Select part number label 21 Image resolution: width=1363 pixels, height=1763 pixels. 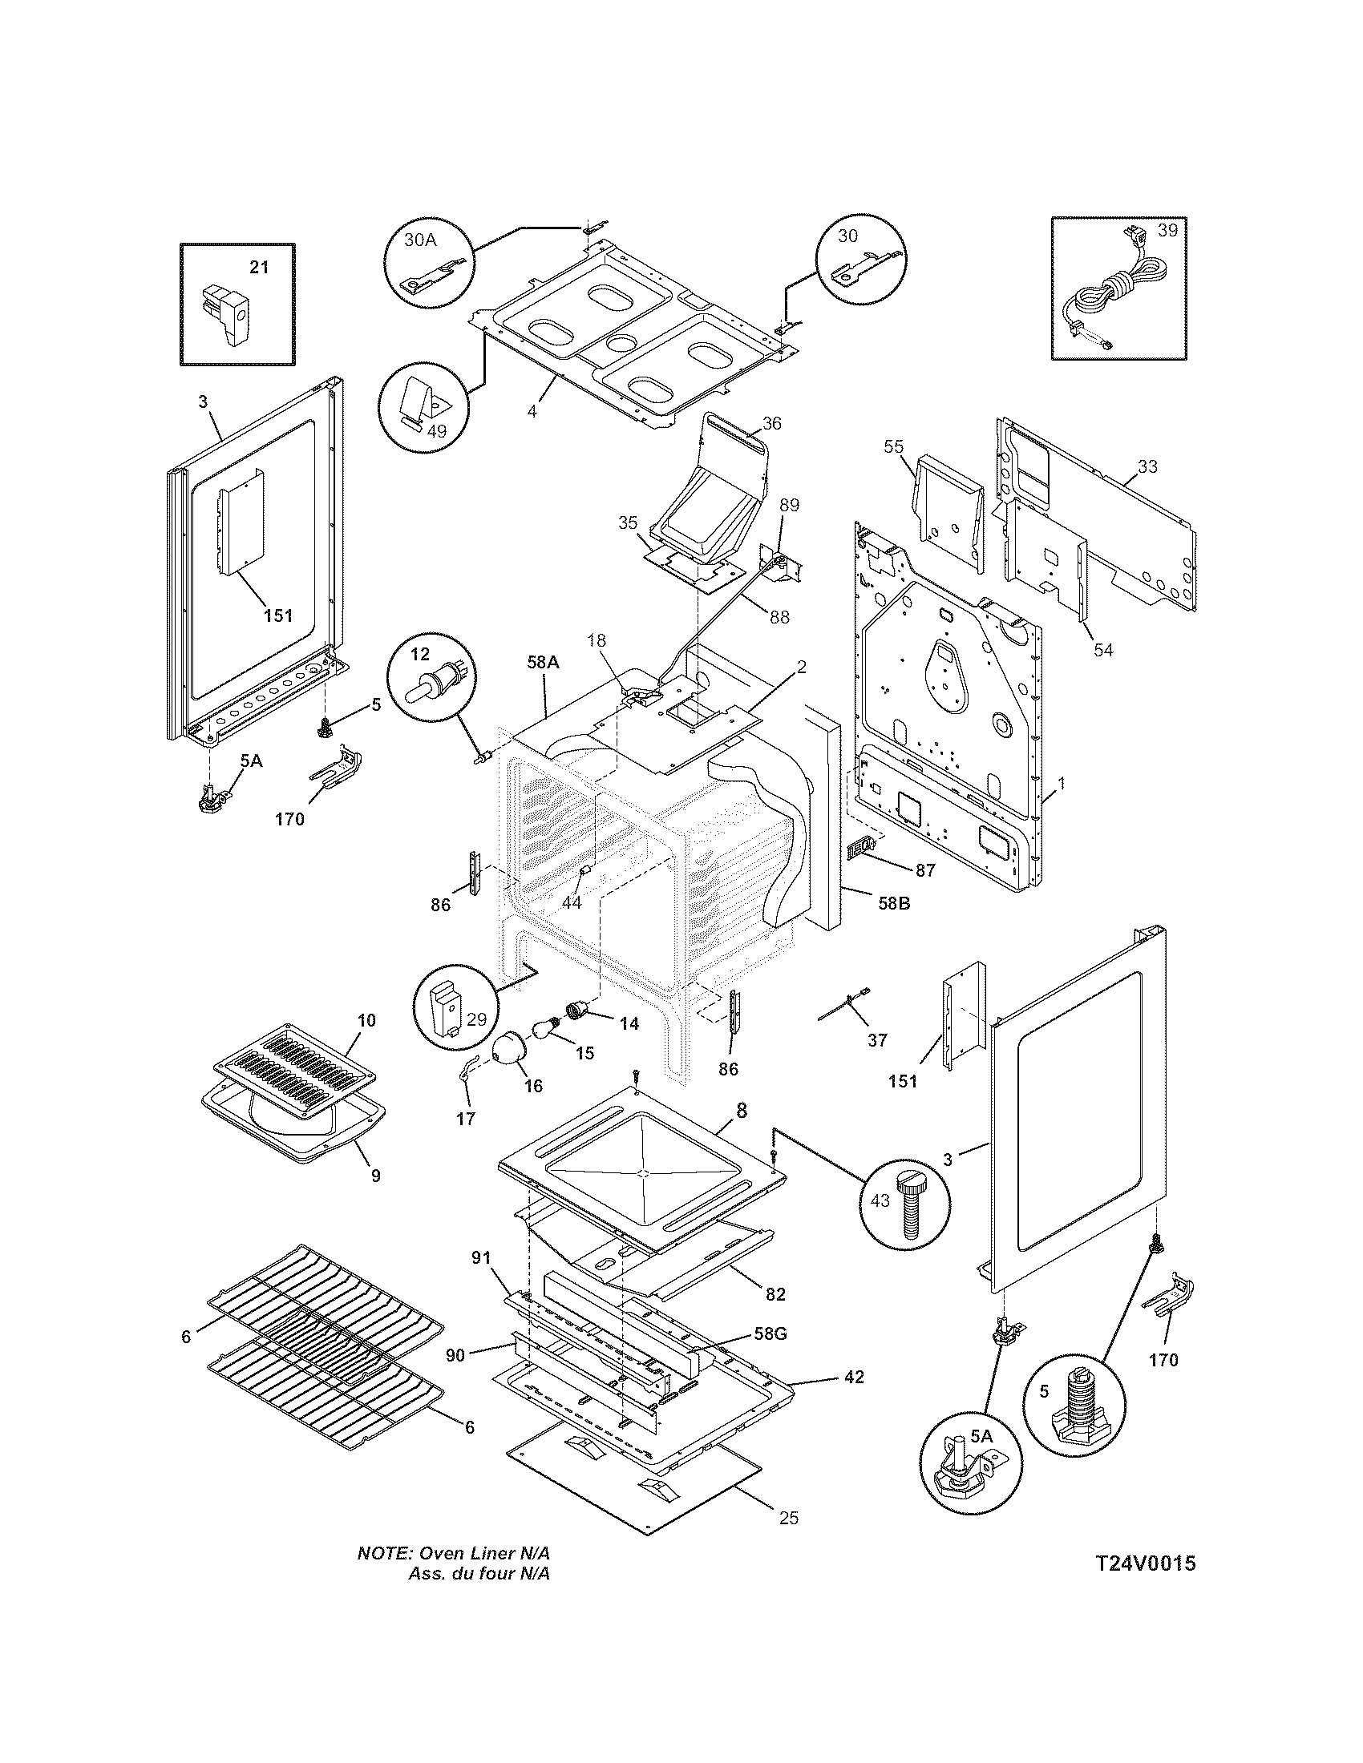258,267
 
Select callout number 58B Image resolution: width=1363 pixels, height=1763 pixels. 893,904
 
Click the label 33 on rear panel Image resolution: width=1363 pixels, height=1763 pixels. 1147,466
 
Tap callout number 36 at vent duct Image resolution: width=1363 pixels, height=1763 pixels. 771,423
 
